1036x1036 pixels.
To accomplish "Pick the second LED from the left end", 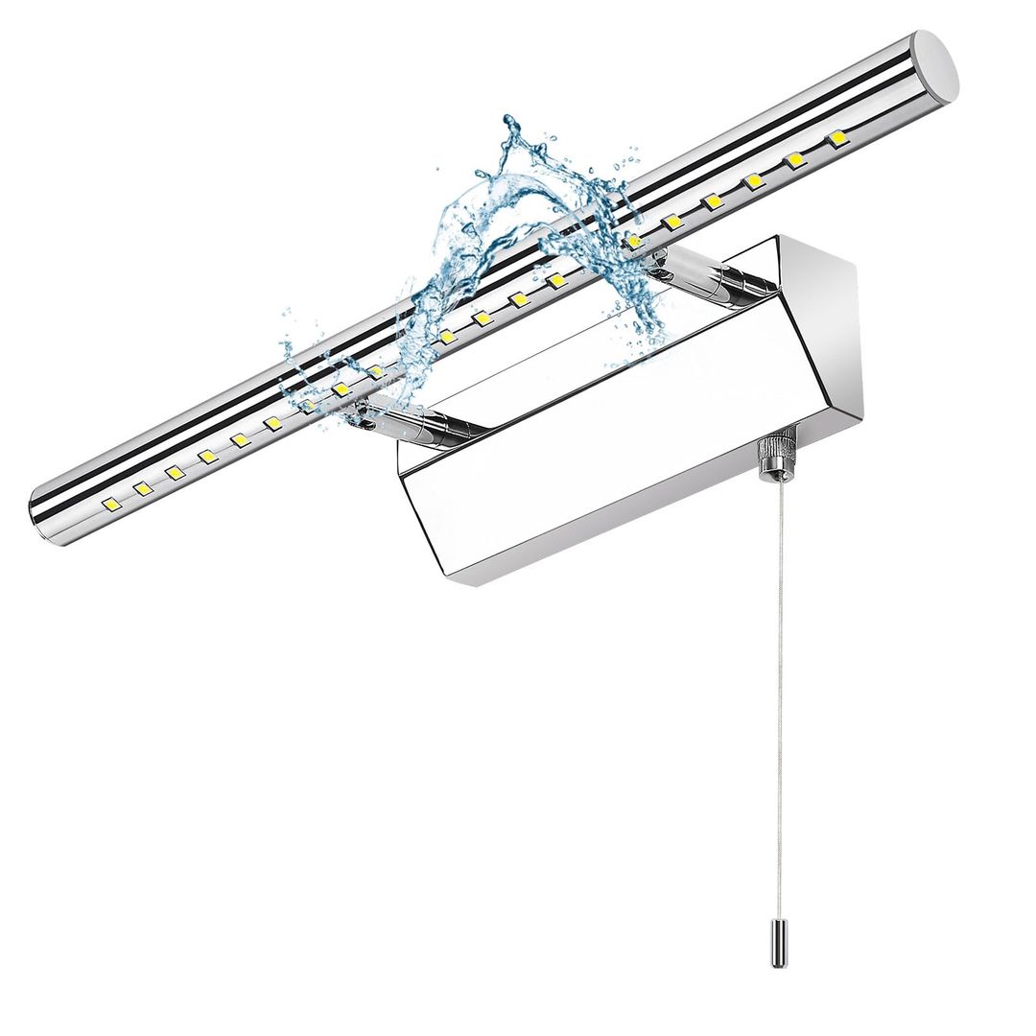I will coord(142,488).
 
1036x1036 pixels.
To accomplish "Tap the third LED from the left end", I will coord(174,472).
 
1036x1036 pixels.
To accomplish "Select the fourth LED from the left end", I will coord(206,457).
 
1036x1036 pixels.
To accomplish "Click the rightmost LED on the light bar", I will coord(837,140).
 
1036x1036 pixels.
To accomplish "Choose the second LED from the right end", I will coord(796,161).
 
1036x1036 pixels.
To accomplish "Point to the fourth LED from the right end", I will coord(712,201).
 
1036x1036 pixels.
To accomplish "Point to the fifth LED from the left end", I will coord(239,439).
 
